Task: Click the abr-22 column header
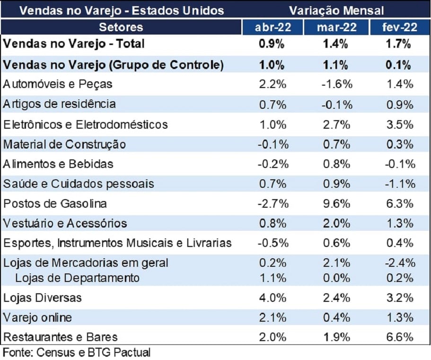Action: point(272,27)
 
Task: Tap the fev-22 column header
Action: point(400,27)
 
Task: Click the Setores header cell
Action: point(121,27)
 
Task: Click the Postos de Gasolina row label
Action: point(55,204)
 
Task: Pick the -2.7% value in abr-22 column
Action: point(272,204)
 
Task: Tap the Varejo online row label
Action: point(37,317)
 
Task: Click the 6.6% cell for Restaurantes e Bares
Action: point(400,337)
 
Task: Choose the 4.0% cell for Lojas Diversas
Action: point(272,298)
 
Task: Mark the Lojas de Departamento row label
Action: point(77,278)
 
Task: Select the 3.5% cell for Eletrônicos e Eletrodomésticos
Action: point(400,124)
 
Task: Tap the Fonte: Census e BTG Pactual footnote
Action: point(77,352)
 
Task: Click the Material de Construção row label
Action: point(64,144)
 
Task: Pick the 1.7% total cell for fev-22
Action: point(400,44)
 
